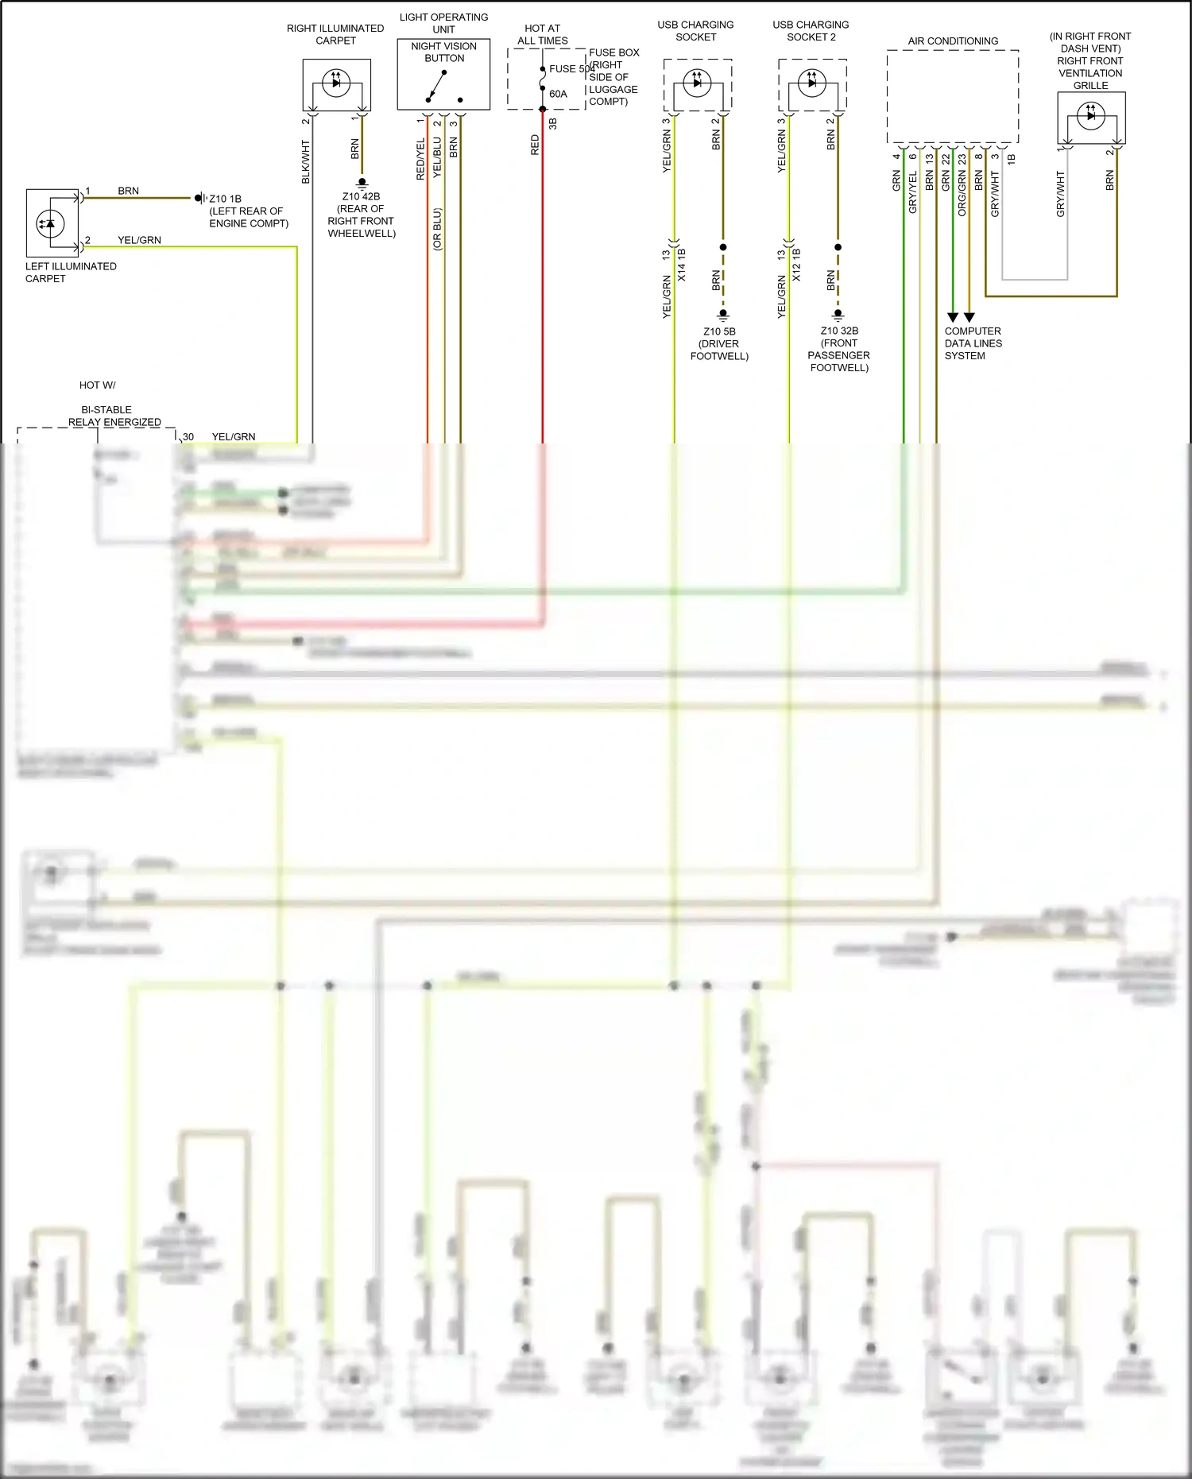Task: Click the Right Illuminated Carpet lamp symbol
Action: click(336, 83)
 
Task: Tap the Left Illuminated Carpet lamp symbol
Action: click(50, 223)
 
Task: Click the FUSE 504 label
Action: click(571, 69)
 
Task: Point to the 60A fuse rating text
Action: click(559, 94)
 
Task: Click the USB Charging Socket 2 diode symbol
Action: click(812, 83)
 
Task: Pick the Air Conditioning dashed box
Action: click(953, 96)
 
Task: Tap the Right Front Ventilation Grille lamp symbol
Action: click(1090, 116)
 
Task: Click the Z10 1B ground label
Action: click(225, 199)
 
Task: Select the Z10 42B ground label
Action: click(361, 196)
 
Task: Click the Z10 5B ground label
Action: click(719, 331)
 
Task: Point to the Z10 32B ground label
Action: click(839, 331)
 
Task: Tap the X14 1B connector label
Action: click(682, 265)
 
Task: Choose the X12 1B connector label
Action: click(797, 265)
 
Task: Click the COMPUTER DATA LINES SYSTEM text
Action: click(973, 343)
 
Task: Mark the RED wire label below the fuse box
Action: click(535, 145)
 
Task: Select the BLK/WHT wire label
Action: click(306, 162)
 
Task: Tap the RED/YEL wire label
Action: click(421, 160)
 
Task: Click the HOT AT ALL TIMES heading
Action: click(543, 34)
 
